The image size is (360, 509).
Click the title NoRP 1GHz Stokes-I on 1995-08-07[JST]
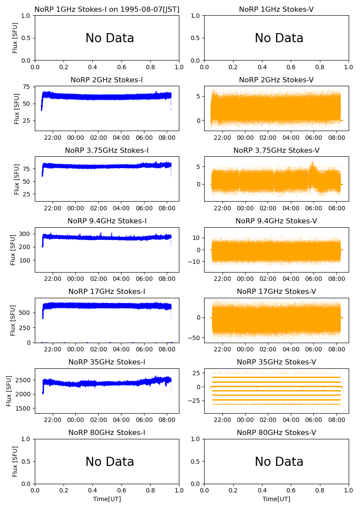click(107, 9)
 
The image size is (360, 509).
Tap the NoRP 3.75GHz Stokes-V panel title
click(276, 150)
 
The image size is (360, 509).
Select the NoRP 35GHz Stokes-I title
click(107, 362)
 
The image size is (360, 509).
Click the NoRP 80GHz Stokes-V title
click(276, 432)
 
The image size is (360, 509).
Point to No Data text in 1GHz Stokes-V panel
click(279, 38)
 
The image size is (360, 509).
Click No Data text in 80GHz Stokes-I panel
click(110, 462)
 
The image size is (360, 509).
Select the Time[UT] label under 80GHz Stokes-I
click(107, 499)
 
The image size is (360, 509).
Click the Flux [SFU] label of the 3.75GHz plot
click(17, 179)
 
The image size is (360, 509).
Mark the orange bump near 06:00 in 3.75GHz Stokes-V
click(312, 166)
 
